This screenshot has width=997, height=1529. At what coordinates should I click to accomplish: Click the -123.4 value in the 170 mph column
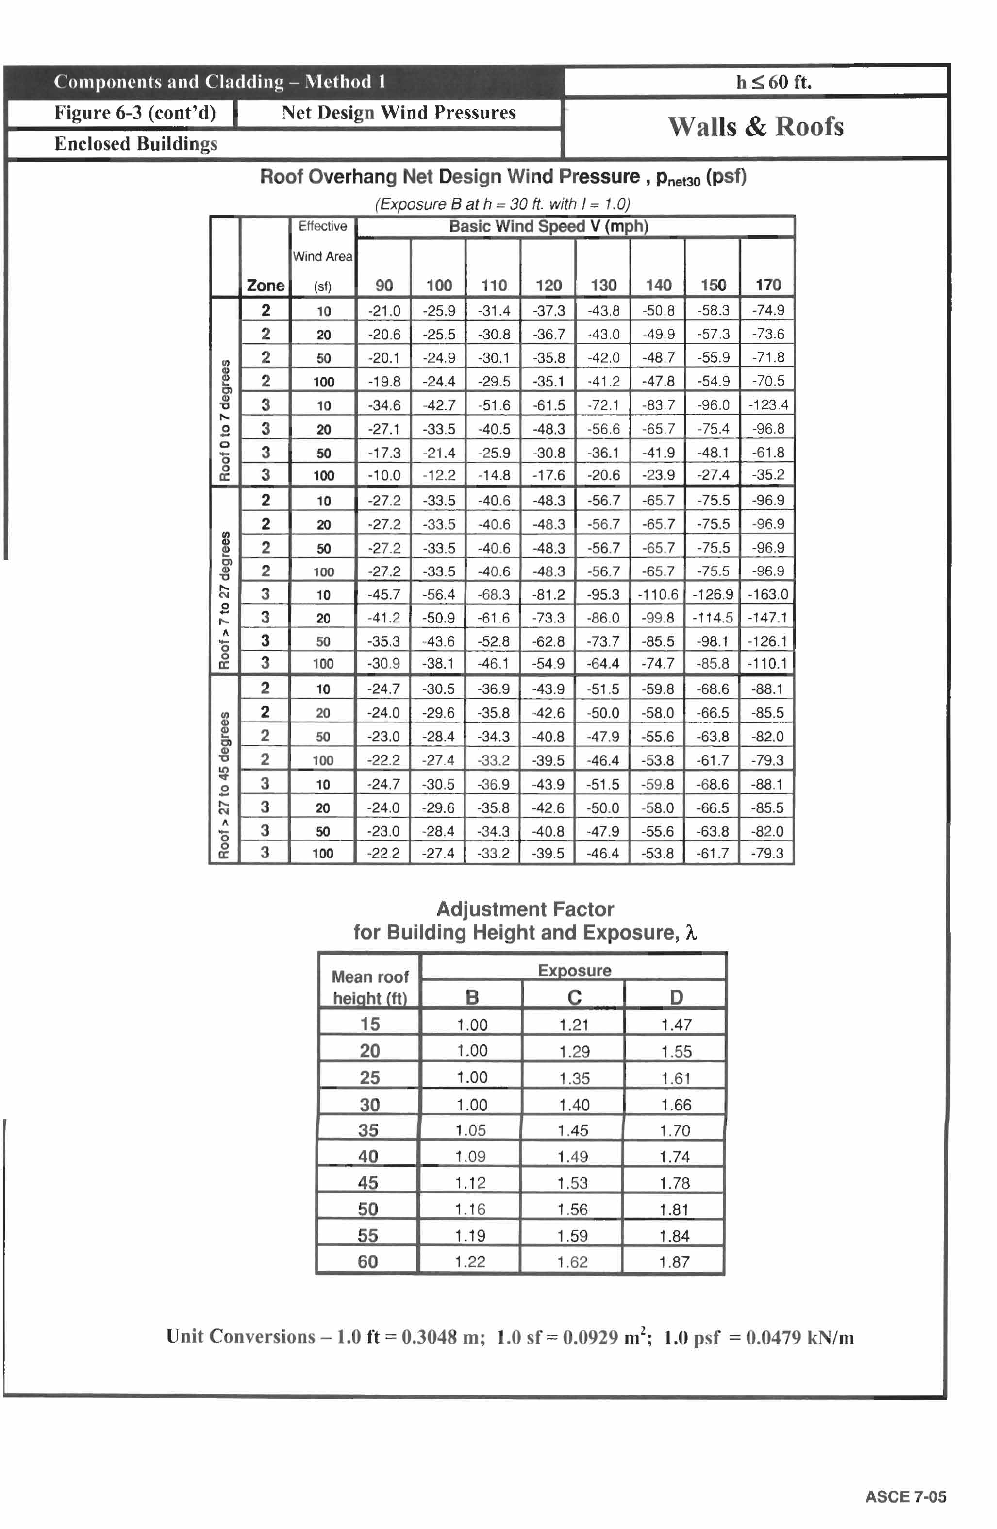click(768, 405)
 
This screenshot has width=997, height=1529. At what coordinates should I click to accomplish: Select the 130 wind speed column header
click(603, 285)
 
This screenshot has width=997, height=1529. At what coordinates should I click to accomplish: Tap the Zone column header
click(266, 285)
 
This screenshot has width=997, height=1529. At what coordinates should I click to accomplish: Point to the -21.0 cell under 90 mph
click(383, 311)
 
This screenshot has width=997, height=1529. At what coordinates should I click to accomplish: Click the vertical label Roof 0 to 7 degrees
click(225, 420)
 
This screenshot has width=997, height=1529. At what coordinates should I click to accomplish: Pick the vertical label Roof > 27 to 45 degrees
click(224, 785)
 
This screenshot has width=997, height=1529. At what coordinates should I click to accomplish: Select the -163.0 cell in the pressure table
click(768, 594)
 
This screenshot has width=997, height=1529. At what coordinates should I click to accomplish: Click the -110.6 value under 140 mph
click(658, 594)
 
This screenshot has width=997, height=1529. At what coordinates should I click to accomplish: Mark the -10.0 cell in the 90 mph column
click(383, 475)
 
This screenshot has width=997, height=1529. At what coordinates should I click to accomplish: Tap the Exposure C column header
click(574, 997)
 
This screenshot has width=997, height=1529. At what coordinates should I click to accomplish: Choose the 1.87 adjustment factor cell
click(674, 1262)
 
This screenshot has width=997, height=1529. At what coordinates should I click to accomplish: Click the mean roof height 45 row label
click(368, 1183)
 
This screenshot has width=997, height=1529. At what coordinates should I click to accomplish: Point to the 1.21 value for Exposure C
click(574, 1025)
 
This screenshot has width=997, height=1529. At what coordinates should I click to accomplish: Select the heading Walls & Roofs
click(755, 127)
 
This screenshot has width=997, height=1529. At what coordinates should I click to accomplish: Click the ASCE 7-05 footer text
click(905, 1497)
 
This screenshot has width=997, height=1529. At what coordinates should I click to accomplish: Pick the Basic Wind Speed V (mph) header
click(548, 226)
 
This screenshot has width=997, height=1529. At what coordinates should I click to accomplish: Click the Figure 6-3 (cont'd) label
click(134, 113)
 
